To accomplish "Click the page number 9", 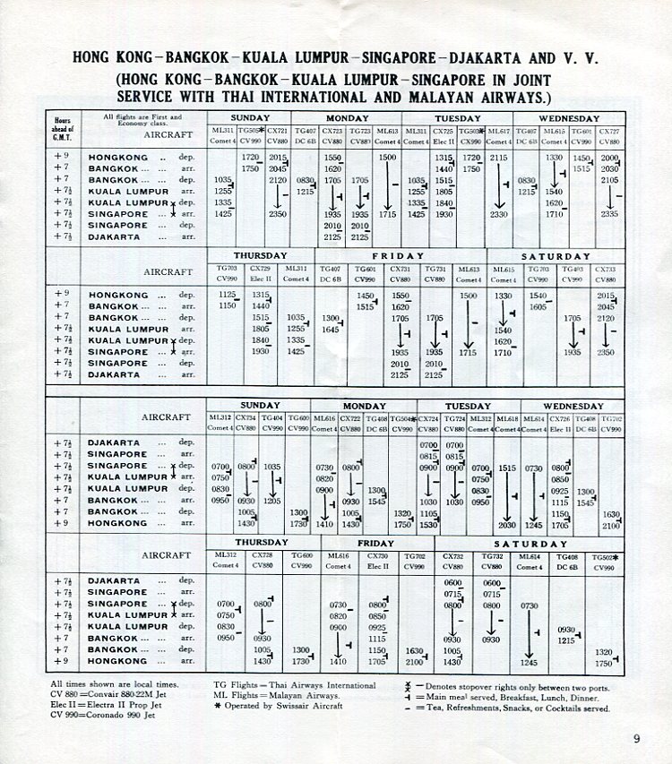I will [x=635, y=739].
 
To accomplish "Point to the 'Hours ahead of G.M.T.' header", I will [x=63, y=128].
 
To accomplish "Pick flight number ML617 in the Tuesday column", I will [x=499, y=131].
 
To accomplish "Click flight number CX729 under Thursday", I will [x=261, y=268].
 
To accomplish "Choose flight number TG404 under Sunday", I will [x=272, y=418].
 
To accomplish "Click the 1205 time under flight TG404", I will [x=272, y=501].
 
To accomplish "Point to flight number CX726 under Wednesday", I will [x=561, y=418].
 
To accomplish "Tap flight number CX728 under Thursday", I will [x=263, y=555].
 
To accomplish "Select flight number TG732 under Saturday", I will [x=492, y=555].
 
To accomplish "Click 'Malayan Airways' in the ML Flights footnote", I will [x=305, y=695].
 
